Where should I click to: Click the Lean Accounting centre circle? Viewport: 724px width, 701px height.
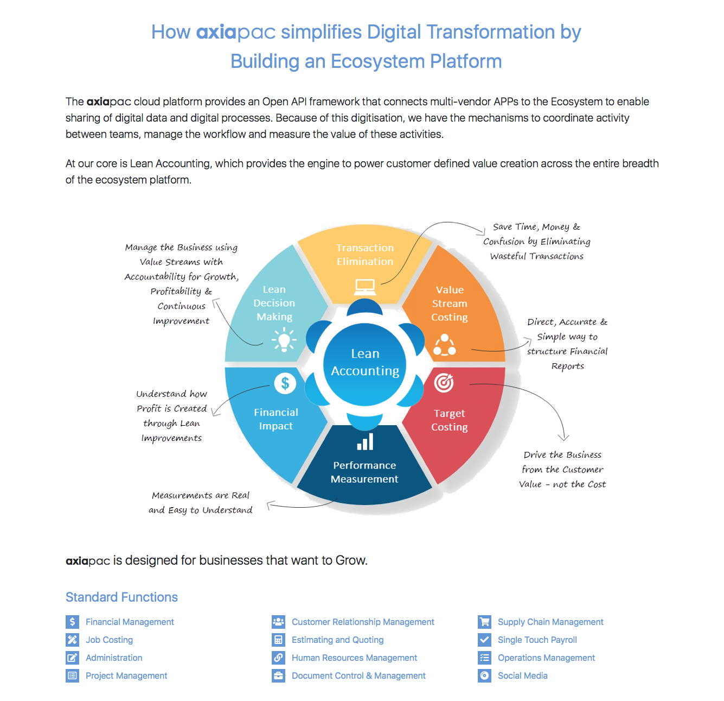pos(364,364)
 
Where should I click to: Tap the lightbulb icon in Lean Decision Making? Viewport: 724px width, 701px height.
pos(284,339)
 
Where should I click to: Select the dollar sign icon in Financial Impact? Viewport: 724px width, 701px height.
pos(285,382)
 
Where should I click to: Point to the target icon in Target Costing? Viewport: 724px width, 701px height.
pos(444,382)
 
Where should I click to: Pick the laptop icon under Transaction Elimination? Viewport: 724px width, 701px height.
pos(364,287)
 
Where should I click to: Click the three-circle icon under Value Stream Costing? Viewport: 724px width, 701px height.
pos(444,344)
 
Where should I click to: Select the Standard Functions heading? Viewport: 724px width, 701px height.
pos(121,597)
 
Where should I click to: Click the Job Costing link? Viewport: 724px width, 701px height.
pos(110,640)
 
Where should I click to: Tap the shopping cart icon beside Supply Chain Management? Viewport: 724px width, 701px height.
pos(484,622)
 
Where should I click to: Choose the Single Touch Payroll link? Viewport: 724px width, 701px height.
pos(537,640)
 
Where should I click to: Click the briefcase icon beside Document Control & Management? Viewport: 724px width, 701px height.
pos(278,675)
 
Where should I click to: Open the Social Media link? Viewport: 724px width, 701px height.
pos(522,675)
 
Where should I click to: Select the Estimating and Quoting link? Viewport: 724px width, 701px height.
pos(337,640)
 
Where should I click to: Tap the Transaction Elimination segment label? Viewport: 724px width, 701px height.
pos(364,255)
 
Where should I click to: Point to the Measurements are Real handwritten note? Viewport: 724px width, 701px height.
pos(200,502)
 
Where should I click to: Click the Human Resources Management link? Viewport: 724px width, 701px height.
pos(354,658)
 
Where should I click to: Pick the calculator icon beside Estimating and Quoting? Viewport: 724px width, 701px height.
pos(278,640)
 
